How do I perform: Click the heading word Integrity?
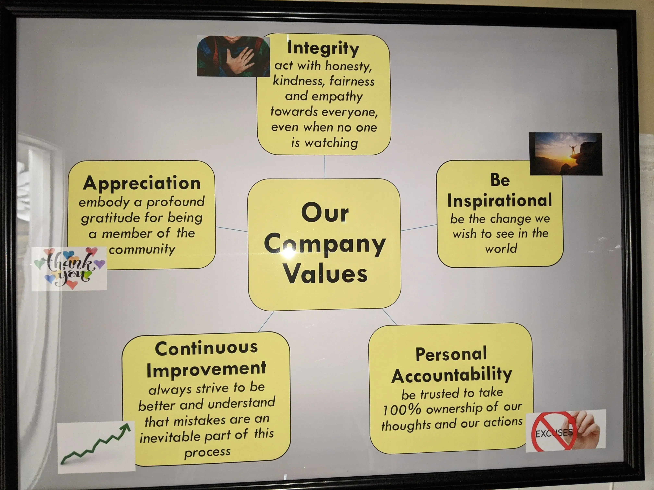click(x=323, y=48)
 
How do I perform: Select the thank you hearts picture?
click(x=69, y=268)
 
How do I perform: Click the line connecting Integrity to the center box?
click(x=325, y=167)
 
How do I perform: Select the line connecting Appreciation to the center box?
click(x=231, y=229)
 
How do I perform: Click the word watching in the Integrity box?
click(x=331, y=143)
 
